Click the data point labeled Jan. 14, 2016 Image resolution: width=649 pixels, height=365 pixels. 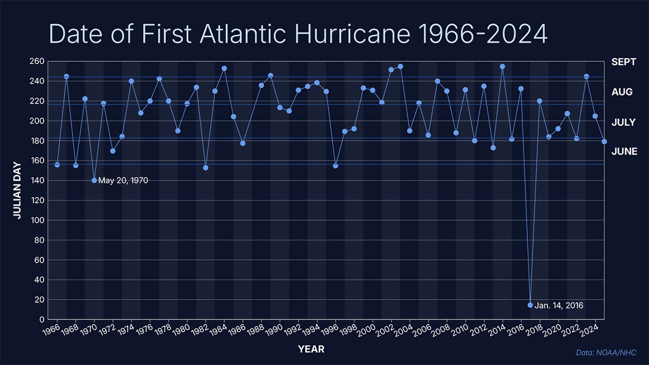click(530, 305)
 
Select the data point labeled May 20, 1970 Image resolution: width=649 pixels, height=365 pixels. click(94, 180)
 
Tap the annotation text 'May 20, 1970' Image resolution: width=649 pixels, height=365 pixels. click(123, 180)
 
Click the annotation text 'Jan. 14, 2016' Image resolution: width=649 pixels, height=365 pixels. click(559, 306)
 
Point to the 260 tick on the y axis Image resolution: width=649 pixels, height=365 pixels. click(37, 61)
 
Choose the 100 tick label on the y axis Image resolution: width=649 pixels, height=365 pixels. click(37, 220)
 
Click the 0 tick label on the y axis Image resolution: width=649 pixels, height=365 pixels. click(42, 319)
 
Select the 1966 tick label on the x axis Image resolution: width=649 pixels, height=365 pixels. click(51, 330)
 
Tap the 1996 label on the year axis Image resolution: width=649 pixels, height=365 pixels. click(330, 330)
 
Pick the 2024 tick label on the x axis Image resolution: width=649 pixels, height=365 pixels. click(590, 330)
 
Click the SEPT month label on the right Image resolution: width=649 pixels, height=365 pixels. click(624, 62)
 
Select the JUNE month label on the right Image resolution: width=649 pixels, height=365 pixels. click(624, 151)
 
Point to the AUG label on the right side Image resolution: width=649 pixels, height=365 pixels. click(622, 92)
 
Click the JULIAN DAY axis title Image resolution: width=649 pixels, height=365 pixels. click(17, 190)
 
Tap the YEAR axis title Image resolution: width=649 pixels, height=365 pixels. click(311, 349)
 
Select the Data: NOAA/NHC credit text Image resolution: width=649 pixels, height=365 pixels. click(606, 353)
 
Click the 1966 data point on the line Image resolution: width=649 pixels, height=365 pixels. click(57, 165)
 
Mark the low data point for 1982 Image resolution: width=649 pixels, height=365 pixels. click(206, 168)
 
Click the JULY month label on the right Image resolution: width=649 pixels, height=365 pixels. click(623, 122)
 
